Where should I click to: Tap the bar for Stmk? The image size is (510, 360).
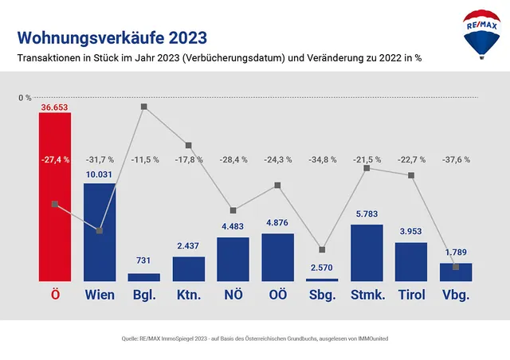click(367, 253)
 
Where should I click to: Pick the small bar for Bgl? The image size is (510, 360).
click(144, 277)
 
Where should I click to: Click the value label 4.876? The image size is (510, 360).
click(278, 223)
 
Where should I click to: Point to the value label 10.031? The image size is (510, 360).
click(100, 174)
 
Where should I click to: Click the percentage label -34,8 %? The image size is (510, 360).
click(322, 159)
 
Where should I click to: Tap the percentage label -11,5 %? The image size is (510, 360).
click(144, 159)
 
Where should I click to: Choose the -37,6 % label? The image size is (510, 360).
click(456, 159)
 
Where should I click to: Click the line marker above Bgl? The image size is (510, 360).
click(144, 106)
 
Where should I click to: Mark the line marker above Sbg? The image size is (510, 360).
click(322, 249)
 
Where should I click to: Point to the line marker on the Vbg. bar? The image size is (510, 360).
click(456, 267)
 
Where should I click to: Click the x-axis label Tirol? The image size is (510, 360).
click(411, 295)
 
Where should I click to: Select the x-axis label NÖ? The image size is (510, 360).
click(233, 295)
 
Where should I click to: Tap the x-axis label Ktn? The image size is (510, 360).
click(189, 295)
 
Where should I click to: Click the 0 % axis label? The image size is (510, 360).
click(25, 98)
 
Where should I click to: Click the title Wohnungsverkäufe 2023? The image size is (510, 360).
click(112, 37)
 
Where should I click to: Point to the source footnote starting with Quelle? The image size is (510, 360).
click(254, 339)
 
